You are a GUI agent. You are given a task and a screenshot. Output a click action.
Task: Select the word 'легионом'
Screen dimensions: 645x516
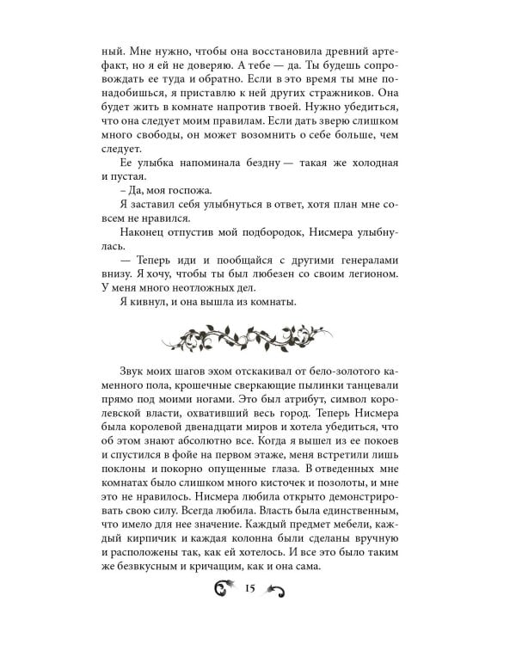tap(372, 302)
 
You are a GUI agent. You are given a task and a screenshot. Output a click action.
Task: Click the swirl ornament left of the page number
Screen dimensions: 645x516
tap(225, 612)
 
